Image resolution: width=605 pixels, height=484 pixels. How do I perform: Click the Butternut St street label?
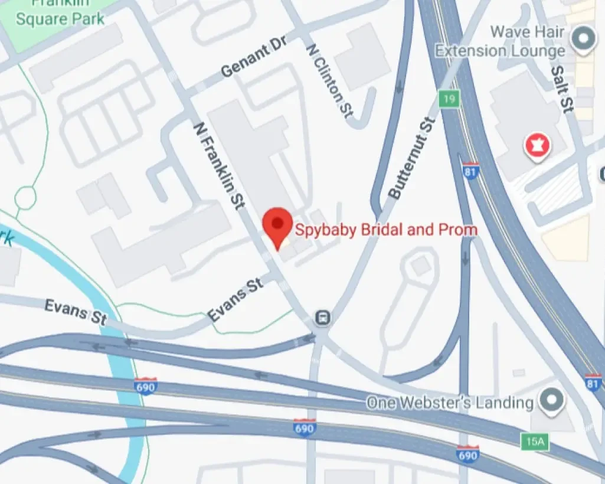(411, 158)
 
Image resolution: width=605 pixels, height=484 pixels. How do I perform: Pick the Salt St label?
(562, 89)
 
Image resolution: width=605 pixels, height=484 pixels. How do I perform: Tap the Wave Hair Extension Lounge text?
(499, 41)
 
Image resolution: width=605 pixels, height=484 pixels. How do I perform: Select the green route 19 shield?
(449, 99)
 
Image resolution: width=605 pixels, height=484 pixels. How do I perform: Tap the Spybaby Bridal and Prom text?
(385, 229)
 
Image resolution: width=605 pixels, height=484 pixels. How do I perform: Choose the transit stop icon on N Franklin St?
(322, 318)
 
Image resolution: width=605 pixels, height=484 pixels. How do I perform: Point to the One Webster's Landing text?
(449, 403)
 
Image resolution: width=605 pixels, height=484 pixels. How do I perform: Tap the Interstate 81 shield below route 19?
(470, 171)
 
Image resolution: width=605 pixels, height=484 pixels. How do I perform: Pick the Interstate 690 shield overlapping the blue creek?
(145, 387)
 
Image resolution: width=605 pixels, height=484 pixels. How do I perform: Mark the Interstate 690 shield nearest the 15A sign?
(467, 454)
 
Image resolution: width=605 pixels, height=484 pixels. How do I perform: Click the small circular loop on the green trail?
(25, 198)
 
